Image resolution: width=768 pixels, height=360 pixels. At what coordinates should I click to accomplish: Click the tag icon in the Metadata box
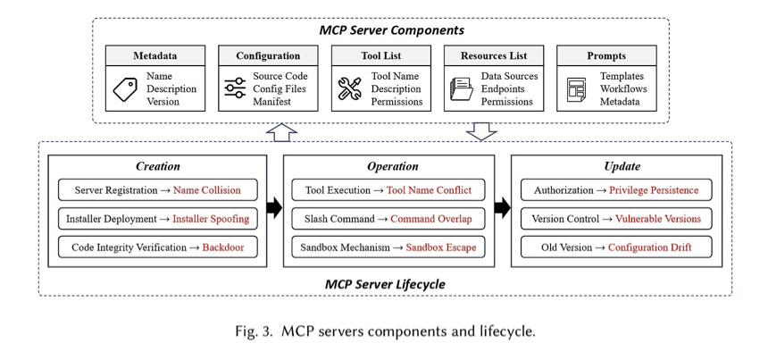125,89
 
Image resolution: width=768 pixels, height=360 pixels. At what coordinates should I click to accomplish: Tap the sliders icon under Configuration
235,88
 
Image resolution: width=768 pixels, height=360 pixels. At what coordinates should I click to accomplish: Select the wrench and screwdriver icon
350,88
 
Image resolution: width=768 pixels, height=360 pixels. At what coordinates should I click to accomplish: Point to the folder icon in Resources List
462,89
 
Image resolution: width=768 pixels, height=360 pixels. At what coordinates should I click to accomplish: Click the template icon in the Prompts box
576,89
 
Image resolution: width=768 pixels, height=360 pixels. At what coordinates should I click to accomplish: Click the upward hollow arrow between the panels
281,132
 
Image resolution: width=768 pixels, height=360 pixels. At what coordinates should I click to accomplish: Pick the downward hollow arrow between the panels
481,131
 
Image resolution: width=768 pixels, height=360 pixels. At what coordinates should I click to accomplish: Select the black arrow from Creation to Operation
275,207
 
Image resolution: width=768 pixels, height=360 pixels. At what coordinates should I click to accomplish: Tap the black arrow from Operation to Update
503,207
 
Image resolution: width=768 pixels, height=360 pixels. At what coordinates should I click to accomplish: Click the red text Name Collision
206,190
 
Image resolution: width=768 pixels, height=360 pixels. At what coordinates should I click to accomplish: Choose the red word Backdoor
223,247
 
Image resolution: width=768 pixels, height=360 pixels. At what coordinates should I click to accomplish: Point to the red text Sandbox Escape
441,247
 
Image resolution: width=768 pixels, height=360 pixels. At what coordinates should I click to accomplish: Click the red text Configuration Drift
649,247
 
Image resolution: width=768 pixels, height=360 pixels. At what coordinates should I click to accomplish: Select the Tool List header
381,56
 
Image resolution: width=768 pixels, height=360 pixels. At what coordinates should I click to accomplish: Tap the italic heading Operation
393,166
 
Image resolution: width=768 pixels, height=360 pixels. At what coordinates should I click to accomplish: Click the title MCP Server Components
391,30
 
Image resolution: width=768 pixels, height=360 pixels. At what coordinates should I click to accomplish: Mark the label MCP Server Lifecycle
385,284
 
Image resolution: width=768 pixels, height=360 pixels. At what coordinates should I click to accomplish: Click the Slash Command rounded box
388,219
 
